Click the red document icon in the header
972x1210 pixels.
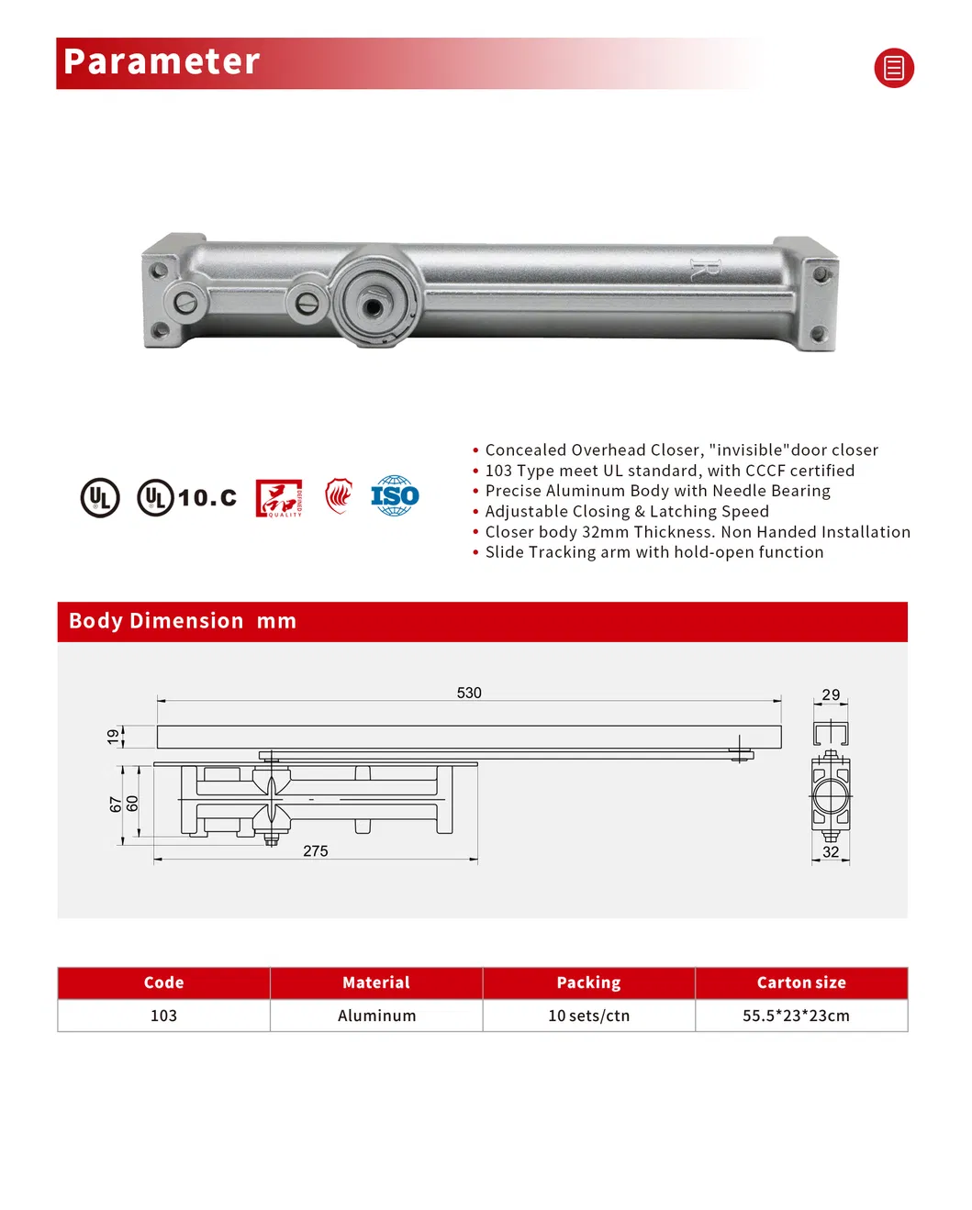(893, 68)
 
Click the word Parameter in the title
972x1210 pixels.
(162, 62)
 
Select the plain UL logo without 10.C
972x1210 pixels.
(100, 498)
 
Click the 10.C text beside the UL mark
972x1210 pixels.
(207, 498)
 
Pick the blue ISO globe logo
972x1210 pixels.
(395, 496)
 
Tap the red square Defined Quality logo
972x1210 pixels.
(278, 498)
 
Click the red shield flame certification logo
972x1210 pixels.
(339, 496)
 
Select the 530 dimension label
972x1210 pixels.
(469, 694)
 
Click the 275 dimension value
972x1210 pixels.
(316, 851)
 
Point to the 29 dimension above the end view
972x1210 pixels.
(831, 695)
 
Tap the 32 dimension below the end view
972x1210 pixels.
(831, 852)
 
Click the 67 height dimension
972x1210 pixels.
(116, 805)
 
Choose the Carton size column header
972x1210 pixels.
(801, 982)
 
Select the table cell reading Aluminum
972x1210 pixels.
(376, 1016)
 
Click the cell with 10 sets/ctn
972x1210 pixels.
(588, 1016)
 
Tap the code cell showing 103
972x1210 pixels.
(163, 1016)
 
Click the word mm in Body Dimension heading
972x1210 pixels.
(276, 621)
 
